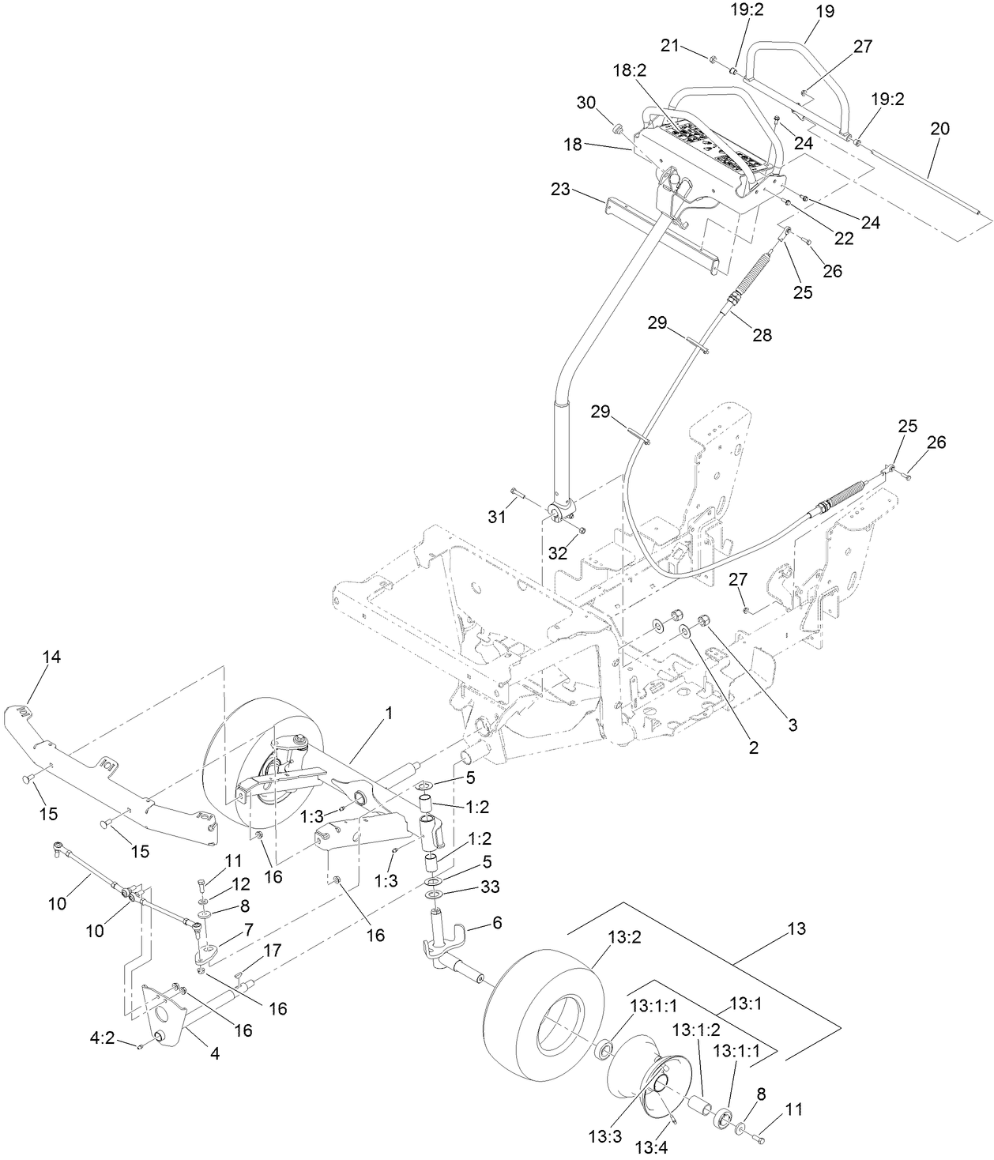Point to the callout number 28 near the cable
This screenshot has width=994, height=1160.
(762, 334)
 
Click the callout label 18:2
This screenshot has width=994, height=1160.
(630, 70)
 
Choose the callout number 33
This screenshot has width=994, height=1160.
(491, 887)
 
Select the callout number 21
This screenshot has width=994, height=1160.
(671, 47)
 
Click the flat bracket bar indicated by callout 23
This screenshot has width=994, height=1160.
(664, 234)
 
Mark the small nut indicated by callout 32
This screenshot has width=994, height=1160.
(582, 529)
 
